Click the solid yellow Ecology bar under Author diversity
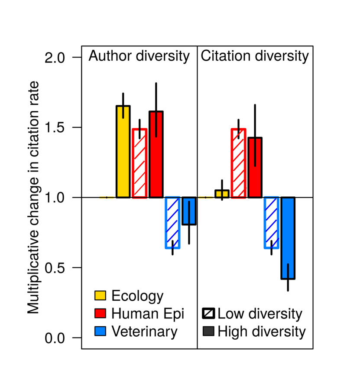click(123, 152)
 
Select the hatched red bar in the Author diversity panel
click(139, 163)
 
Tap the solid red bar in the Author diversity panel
click(156, 155)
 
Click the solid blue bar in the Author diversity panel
click(189, 211)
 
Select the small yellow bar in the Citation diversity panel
click(222, 194)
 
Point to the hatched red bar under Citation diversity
click(239, 163)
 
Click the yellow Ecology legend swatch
click(100, 296)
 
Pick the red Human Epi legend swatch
click(100, 314)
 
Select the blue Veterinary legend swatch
click(100, 331)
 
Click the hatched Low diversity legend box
click(208, 314)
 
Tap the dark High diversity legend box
click(208, 332)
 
